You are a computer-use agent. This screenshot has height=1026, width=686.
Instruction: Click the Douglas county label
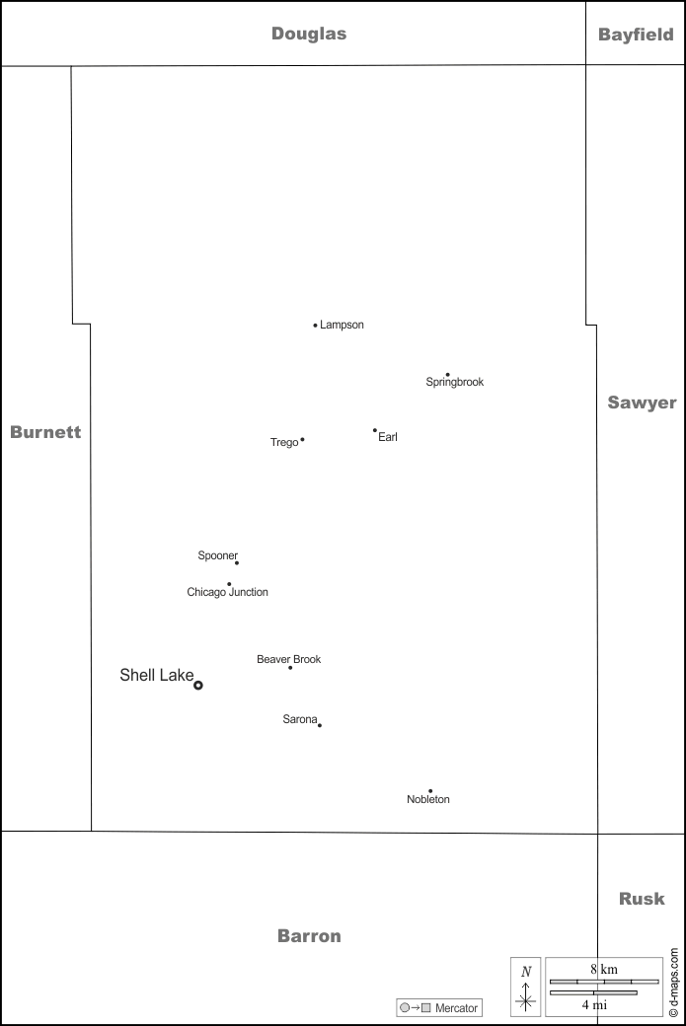[309, 34]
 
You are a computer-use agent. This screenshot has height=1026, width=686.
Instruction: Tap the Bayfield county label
[636, 35]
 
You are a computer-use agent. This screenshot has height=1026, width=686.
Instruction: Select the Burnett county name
[45, 432]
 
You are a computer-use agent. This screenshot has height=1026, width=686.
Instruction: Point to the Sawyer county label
[642, 403]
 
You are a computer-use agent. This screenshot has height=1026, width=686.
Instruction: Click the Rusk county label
[642, 899]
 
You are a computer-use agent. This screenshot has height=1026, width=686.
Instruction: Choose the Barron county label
[309, 936]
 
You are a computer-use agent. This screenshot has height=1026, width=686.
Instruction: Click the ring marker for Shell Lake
[198, 685]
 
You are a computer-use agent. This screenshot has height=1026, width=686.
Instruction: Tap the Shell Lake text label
[156, 676]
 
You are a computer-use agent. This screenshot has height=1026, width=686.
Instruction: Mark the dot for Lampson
[315, 325]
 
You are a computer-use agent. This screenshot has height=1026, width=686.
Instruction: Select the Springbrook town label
[455, 382]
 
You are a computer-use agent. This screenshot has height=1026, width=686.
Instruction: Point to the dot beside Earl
[375, 430]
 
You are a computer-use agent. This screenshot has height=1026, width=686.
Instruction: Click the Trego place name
[284, 443]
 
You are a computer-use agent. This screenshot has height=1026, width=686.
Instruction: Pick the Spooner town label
[218, 555]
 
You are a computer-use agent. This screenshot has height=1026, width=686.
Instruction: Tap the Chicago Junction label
[227, 593]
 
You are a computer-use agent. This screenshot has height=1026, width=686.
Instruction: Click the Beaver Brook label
[288, 659]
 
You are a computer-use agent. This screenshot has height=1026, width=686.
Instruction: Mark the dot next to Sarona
[320, 725]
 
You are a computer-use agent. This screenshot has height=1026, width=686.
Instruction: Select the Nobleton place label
[428, 800]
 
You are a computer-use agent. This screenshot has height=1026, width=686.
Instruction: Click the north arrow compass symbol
[526, 988]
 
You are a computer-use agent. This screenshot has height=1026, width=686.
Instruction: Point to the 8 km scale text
[603, 969]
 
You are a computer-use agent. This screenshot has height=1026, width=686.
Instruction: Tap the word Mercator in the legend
[456, 1008]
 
